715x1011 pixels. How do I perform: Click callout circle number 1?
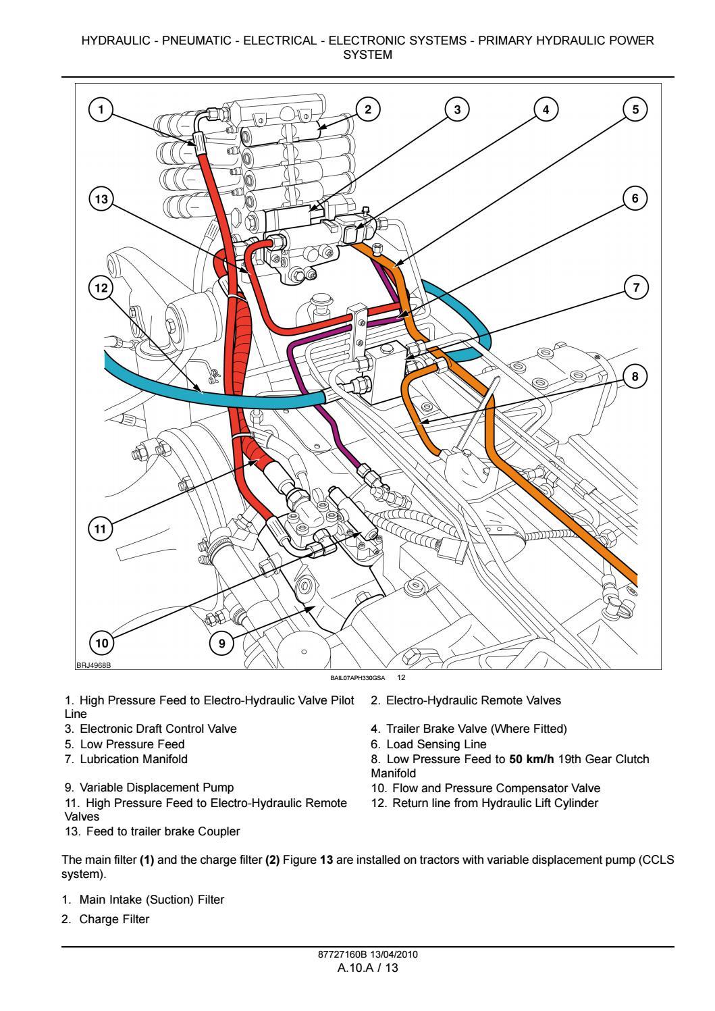point(101,109)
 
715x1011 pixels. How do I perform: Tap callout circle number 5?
point(635,109)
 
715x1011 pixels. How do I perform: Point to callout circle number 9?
point(221,644)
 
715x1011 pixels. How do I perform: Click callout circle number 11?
point(101,529)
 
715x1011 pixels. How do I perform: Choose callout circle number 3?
point(457,109)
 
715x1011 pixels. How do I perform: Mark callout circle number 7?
point(635,287)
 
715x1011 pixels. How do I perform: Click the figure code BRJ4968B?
point(92,665)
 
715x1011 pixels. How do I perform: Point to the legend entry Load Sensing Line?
point(435,744)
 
